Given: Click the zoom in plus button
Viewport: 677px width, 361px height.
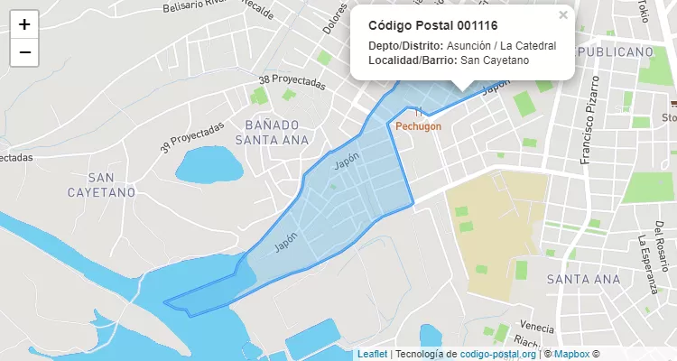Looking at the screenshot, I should pyautogui.click(x=24, y=24).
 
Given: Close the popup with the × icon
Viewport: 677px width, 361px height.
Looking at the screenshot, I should pyautogui.click(x=563, y=15).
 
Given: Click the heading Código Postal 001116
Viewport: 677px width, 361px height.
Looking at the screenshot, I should pyautogui.click(x=432, y=25).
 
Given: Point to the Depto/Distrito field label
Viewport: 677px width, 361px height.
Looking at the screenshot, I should pyautogui.click(x=406, y=45).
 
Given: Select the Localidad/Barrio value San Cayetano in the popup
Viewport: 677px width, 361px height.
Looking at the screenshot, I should pyautogui.click(x=495, y=60).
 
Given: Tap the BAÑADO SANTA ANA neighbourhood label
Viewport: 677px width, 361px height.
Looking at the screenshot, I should pyautogui.click(x=272, y=132).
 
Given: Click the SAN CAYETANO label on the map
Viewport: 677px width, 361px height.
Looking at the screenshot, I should pyautogui.click(x=100, y=184).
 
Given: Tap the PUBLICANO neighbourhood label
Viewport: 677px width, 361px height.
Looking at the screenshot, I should pyautogui.click(x=615, y=52).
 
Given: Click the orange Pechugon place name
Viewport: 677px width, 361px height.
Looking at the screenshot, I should pyautogui.click(x=420, y=126).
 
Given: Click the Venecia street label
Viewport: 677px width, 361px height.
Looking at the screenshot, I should pyautogui.click(x=536, y=327).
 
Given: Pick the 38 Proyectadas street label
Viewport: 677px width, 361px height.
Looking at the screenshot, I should pyautogui.click(x=292, y=81).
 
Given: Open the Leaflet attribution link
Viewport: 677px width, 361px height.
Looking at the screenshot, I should pyautogui.click(x=372, y=354).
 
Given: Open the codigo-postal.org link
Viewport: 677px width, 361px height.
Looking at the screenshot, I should pyautogui.click(x=497, y=354).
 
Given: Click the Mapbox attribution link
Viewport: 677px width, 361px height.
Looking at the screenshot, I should pyautogui.click(x=570, y=354).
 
